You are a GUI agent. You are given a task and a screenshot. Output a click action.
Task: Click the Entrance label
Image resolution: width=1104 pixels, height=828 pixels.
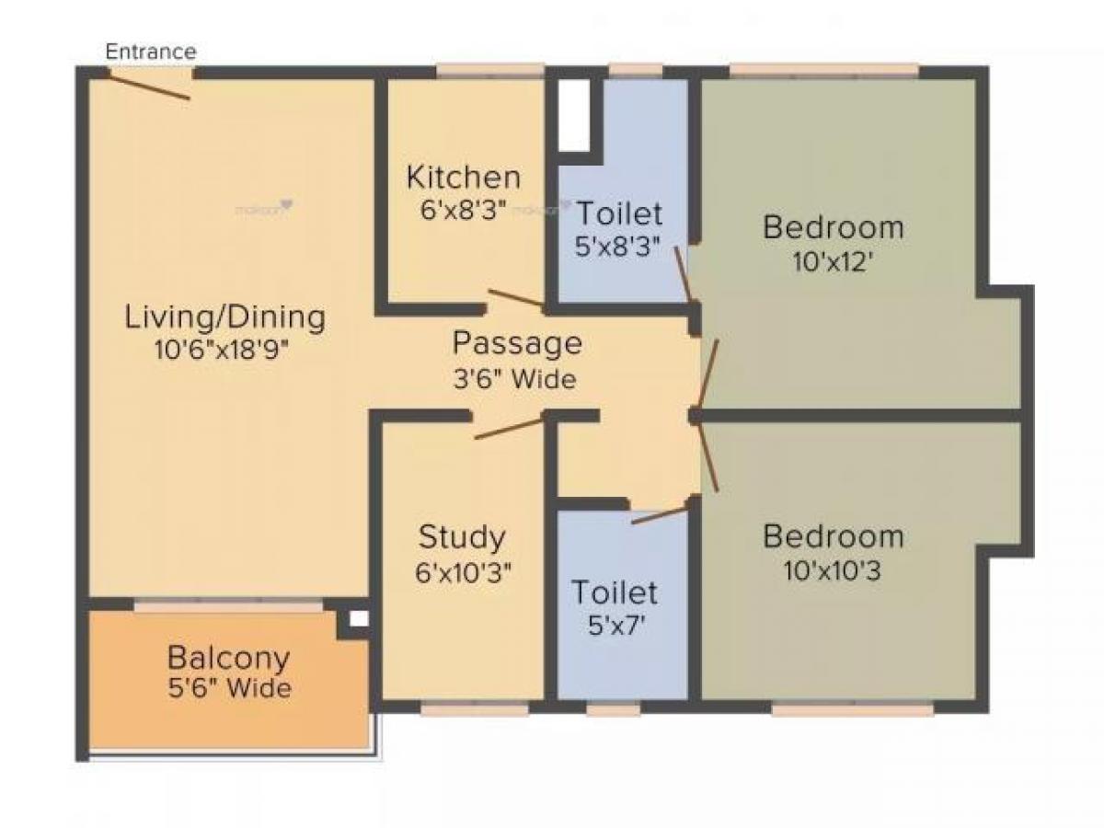pyautogui.click(x=151, y=52)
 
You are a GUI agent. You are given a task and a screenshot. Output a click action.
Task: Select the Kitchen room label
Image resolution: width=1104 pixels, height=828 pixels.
pyautogui.click(x=464, y=176)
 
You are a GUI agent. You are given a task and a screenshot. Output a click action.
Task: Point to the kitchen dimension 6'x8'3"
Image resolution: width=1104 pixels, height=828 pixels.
pyautogui.click(x=464, y=210)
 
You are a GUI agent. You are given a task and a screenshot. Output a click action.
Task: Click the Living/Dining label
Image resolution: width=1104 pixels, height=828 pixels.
pyautogui.click(x=225, y=317)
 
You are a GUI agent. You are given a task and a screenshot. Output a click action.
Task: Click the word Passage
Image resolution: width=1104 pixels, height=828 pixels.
pyautogui.click(x=517, y=343)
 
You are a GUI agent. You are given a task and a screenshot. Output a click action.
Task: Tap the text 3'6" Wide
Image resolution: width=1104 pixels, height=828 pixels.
pyautogui.click(x=514, y=378)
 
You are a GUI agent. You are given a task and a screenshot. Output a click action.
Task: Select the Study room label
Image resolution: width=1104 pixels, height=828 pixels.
pyautogui.click(x=462, y=535)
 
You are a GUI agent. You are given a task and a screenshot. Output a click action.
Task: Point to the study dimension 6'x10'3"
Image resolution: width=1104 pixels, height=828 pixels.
pyautogui.click(x=463, y=572)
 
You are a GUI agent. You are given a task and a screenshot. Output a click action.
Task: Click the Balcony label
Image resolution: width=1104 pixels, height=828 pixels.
pyautogui.click(x=228, y=658)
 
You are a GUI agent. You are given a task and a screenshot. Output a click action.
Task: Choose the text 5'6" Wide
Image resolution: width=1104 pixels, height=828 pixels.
pyautogui.click(x=228, y=688)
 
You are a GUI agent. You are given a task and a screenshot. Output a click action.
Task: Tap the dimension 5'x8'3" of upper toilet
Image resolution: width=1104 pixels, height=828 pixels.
pyautogui.click(x=618, y=247)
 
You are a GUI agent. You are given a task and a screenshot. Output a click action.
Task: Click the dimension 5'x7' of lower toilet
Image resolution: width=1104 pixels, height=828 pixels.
pyautogui.click(x=615, y=627)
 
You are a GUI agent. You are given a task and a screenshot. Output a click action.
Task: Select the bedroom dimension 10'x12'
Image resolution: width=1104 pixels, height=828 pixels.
pyautogui.click(x=833, y=262)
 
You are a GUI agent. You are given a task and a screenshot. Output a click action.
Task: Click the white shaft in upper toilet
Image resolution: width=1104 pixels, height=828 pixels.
pyautogui.click(x=573, y=114)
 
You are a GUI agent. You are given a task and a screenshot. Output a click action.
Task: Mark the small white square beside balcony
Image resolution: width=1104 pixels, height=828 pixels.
pyautogui.click(x=359, y=619)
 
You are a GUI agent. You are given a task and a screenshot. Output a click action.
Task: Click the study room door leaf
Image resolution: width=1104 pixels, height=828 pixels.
pyautogui.click(x=509, y=428)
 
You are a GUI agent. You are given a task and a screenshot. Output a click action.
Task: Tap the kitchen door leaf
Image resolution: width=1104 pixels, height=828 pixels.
pyautogui.click(x=516, y=297)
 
